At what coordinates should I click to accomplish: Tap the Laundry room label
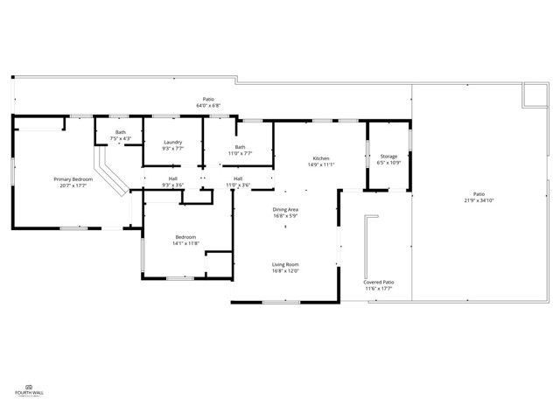[172, 142]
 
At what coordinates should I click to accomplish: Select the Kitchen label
[321, 158]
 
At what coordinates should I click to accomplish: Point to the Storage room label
[388, 156]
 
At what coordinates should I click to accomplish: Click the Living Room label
[285, 264]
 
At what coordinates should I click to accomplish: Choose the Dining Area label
[285, 209]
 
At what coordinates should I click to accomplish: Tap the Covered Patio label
[379, 282]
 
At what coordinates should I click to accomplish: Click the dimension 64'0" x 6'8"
[208, 105]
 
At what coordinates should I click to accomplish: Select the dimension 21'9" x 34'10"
[479, 200]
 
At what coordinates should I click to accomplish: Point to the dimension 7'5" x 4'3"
[121, 138]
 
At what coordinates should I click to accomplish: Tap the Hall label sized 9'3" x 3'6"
[173, 185]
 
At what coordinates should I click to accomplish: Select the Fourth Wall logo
[29, 389]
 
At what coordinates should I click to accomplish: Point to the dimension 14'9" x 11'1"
[321, 164]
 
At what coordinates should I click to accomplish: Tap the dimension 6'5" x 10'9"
[388, 162]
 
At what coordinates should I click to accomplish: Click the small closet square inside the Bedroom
[216, 264]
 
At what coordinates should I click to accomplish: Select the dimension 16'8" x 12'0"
[285, 270]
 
